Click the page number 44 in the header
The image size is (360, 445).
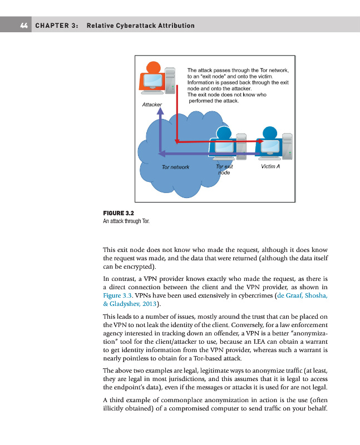click(x=24, y=25)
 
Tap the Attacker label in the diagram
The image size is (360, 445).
click(x=152, y=104)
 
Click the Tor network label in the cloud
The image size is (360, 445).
click(x=175, y=167)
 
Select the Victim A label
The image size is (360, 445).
click(x=270, y=166)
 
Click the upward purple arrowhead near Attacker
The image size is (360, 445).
click(x=160, y=111)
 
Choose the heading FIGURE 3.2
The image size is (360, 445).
click(x=119, y=212)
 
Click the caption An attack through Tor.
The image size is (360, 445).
click(x=126, y=221)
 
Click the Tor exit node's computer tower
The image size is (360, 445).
click(x=241, y=145)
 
